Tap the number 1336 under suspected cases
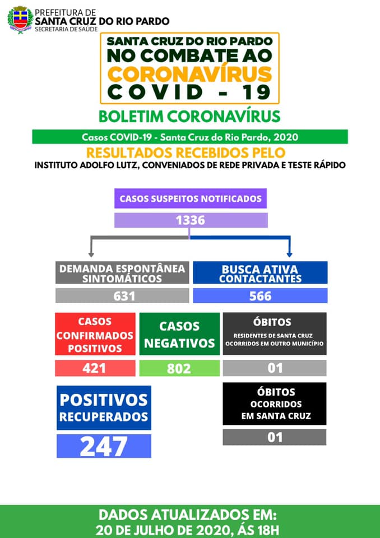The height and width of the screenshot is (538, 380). pos(191,220)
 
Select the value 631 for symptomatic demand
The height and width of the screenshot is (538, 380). pos(124,296)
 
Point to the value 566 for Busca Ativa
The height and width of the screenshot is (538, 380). pos(260,296)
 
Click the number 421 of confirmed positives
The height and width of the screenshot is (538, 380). pos(95,368)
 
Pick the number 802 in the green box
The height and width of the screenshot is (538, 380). pos(179,368)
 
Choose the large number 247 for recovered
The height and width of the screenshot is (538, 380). pos(104,446)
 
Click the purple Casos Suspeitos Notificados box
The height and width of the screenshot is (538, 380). pos(191,198)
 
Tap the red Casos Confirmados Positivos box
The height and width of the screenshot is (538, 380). pos(95,335)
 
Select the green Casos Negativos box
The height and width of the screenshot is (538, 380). pos(179,335)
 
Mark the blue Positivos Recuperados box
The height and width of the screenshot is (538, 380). pos(104,407)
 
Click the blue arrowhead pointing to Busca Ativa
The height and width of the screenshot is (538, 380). pos(289,253)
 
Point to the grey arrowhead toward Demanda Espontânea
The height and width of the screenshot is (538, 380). pos(92,253)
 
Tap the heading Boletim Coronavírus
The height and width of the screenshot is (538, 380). pos(189,116)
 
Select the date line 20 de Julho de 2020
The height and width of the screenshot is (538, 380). pos(189,529)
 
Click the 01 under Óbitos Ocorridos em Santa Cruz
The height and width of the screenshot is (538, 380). pos(275,437)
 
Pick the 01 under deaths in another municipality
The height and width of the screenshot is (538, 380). pos(275,368)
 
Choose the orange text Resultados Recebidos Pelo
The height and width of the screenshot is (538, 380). pos(189,152)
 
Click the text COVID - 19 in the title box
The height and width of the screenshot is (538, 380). pos(189,92)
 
